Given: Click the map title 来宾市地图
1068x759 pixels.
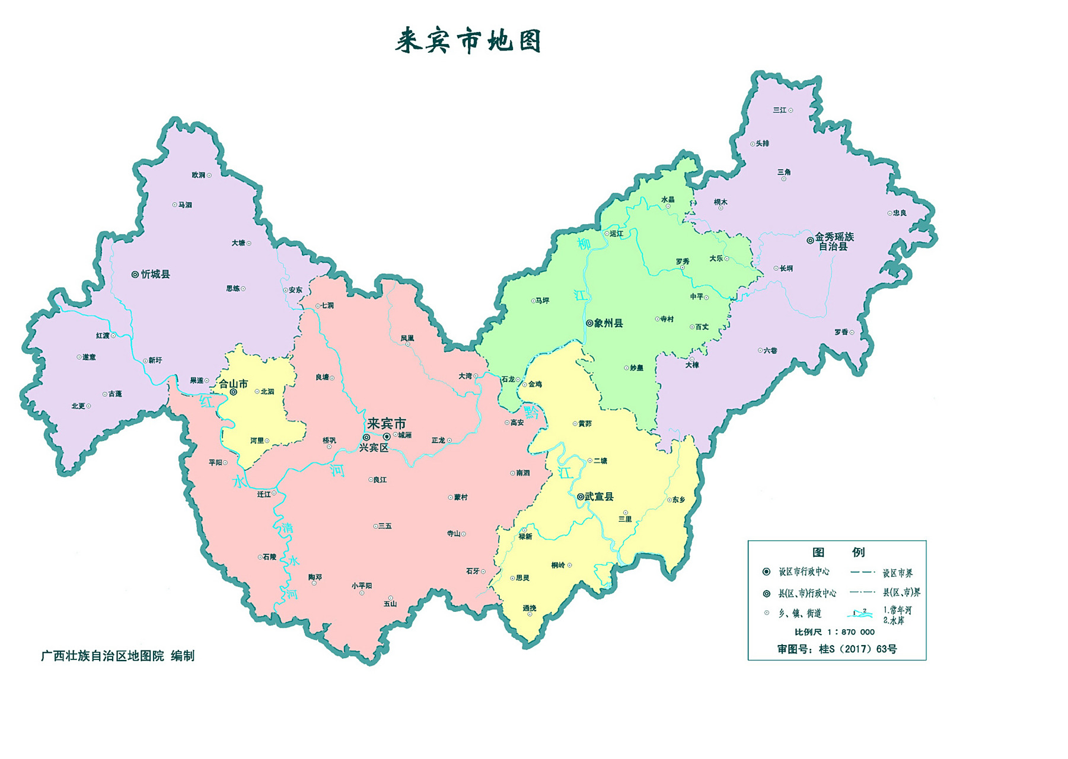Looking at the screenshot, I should coord(468,42).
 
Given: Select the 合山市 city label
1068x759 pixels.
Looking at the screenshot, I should coord(233,384).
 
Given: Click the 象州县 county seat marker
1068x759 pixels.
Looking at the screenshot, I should coord(589,324).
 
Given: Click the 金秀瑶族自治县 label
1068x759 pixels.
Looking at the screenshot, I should coord(834,241).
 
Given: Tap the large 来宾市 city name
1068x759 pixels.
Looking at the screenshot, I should coord(386,423).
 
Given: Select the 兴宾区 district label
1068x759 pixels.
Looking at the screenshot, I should coord(374,448).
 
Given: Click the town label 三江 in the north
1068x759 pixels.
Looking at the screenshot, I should coord(779,110).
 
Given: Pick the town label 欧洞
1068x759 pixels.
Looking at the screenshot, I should coord(198,176).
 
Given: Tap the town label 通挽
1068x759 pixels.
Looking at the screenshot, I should coord(529,608).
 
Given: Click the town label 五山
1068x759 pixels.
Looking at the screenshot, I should coord(390,604).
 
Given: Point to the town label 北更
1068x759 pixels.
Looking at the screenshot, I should coord(78,406).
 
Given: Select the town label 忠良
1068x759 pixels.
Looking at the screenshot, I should coord(900,213).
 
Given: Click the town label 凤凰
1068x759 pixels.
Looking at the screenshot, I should coord(407,339).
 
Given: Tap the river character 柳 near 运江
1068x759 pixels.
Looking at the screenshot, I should coord(584,244).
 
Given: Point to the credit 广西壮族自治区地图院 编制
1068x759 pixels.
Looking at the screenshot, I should coord(117,656).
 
